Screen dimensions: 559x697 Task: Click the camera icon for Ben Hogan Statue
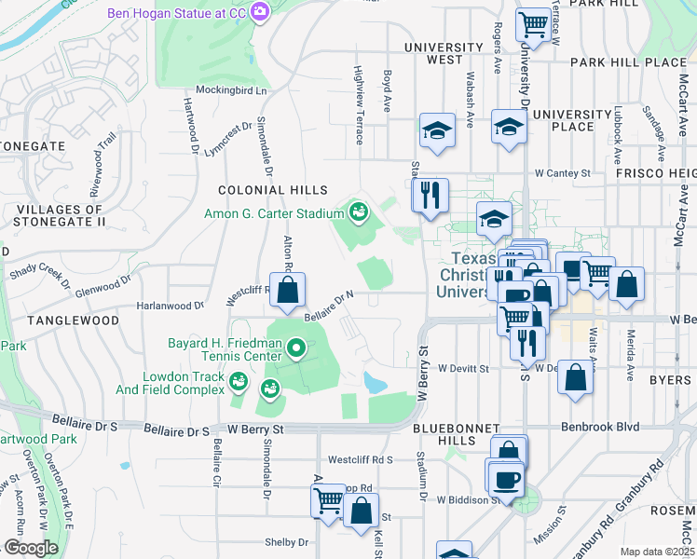pos(259,12)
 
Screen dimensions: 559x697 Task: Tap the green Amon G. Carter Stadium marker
pos(357,213)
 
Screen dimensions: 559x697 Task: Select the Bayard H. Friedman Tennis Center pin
pos(297,349)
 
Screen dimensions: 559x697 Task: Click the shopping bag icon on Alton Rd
pos(287,291)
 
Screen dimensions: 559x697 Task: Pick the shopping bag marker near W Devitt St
pos(576,378)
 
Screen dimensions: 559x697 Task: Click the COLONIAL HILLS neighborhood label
pos(263,189)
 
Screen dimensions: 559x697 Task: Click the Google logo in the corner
pos(30,548)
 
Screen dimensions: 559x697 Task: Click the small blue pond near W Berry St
pos(374,382)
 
